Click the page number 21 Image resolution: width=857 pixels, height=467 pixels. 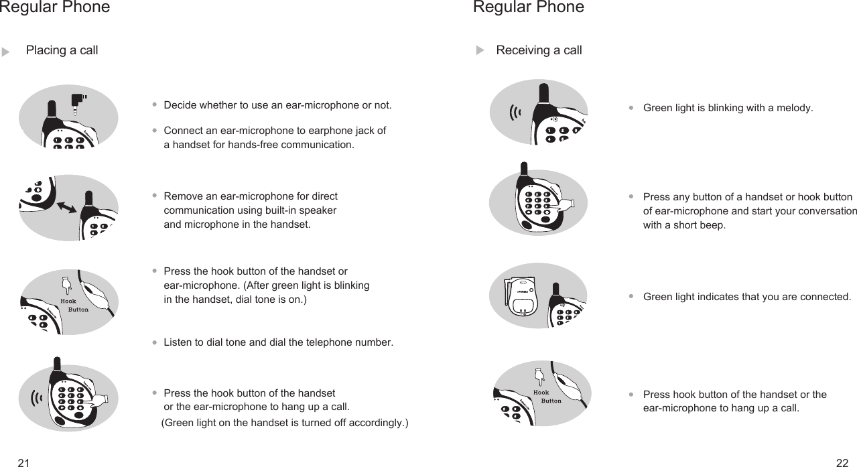[x=24, y=462]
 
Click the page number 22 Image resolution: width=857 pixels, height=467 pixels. [x=842, y=462]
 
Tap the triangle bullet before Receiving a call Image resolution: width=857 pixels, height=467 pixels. [x=479, y=51]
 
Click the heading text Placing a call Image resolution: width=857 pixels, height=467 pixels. [x=62, y=50]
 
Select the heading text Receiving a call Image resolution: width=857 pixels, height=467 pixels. [x=539, y=50]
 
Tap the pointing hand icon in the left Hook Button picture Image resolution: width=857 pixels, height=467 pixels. [x=66, y=284]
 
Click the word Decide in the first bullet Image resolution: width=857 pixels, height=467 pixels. [x=179, y=105]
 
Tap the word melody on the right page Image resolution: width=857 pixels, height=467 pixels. [x=795, y=108]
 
